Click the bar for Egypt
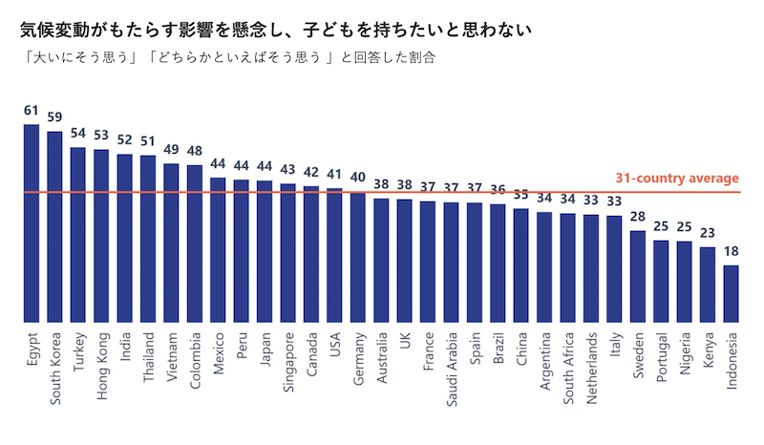(x=32, y=223)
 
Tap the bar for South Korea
(x=54, y=227)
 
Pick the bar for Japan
(x=265, y=252)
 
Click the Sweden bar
(x=638, y=277)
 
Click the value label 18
(x=732, y=253)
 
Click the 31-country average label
(x=676, y=179)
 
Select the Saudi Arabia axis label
(x=452, y=368)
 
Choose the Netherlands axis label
(x=592, y=368)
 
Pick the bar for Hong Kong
(x=101, y=236)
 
